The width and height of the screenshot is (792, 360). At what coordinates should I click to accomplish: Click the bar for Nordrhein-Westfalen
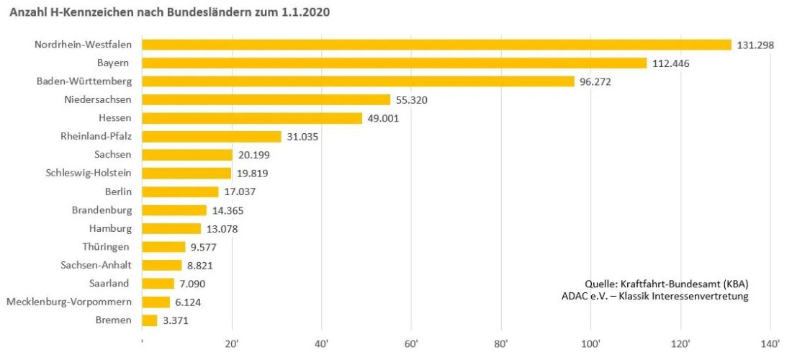(436, 45)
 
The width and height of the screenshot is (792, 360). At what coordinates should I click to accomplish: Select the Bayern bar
(395, 63)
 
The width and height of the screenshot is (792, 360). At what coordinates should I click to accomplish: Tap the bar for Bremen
(150, 320)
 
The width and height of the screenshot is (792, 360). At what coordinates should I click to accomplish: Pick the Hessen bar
(252, 118)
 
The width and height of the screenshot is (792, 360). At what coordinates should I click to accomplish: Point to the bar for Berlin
(180, 192)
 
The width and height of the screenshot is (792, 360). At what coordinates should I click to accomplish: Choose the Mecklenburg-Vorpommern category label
(69, 302)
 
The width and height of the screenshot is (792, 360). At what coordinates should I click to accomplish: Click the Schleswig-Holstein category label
(89, 173)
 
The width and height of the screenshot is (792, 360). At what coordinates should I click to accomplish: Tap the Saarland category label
(109, 284)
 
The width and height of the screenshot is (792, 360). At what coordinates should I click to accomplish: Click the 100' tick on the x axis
(591, 343)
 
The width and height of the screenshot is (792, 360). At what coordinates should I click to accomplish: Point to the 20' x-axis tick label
(232, 343)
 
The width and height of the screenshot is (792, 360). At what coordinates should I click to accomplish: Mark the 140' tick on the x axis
(770, 343)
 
